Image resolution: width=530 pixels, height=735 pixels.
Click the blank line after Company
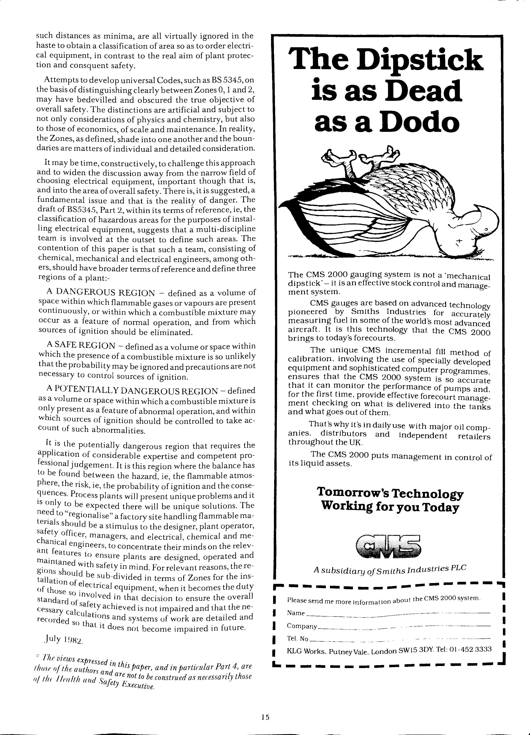click(405, 626)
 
